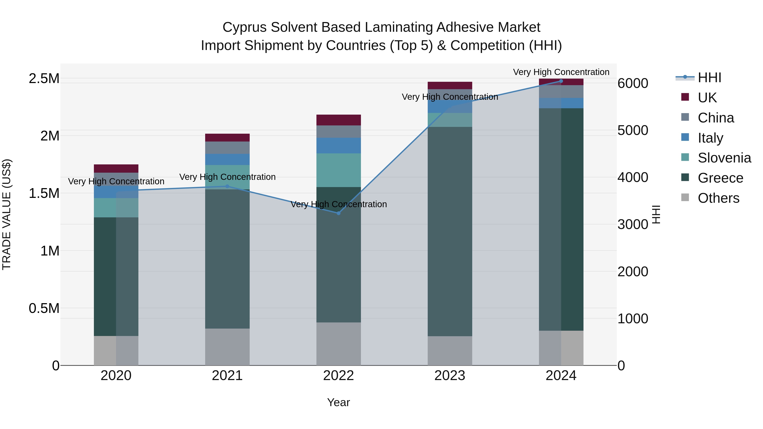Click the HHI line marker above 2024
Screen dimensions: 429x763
click(561, 81)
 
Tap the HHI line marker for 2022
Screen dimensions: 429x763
click(338, 213)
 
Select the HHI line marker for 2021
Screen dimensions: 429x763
click(227, 186)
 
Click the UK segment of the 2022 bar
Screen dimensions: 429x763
click(338, 120)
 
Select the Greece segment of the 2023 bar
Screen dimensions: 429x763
click(450, 231)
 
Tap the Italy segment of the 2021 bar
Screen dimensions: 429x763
click(227, 159)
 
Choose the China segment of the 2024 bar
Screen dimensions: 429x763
click(561, 92)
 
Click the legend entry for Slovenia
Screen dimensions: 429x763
click(724, 158)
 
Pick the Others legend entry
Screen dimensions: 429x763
click(718, 198)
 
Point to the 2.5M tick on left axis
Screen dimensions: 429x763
click(44, 78)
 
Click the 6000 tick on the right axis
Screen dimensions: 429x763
click(633, 83)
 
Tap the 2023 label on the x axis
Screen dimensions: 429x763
click(450, 376)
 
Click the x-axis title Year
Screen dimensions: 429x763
click(338, 402)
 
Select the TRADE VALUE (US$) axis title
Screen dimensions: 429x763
click(7, 214)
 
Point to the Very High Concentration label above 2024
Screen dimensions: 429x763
click(561, 72)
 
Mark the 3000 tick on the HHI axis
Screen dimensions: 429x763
click(633, 224)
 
